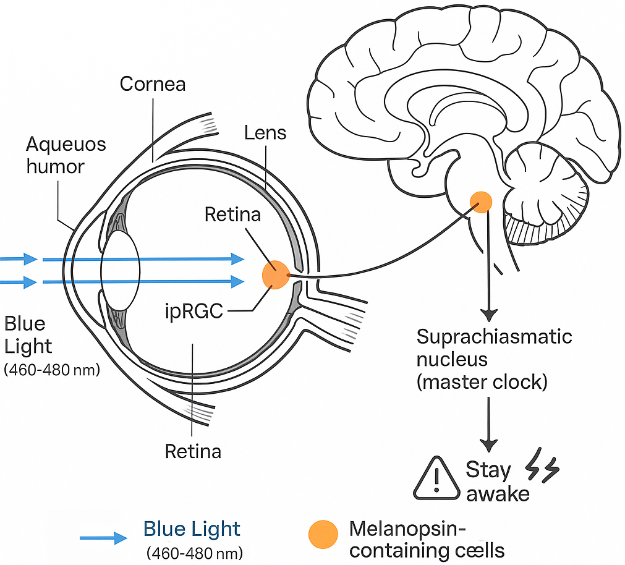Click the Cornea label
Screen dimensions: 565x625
coord(153,84)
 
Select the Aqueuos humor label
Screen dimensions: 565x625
coord(66,155)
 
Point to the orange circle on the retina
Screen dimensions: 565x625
coord(276,274)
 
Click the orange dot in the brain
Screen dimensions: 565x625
coord(480,202)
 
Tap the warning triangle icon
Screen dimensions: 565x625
coord(436,480)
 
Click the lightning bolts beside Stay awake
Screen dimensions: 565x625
coord(542,470)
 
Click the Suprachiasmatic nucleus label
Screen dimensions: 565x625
coord(493,359)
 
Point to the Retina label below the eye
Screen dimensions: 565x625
coord(193,451)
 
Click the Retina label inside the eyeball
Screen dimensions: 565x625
coord(233,215)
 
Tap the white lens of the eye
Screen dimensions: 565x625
coord(121,271)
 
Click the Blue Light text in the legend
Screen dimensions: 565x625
coord(192,530)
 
